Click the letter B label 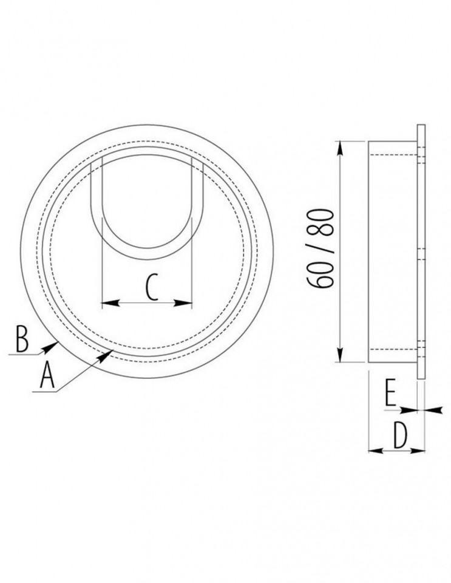pyautogui.click(x=22, y=339)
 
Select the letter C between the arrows pyautogui.click(x=152, y=287)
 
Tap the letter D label pyautogui.click(x=400, y=436)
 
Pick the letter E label pyautogui.click(x=390, y=393)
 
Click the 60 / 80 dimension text pyautogui.click(x=320, y=248)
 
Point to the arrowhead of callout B pyautogui.click(x=51, y=347)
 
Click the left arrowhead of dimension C pyautogui.click(x=110, y=304)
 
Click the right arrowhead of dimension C pyautogui.click(x=183, y=304)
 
